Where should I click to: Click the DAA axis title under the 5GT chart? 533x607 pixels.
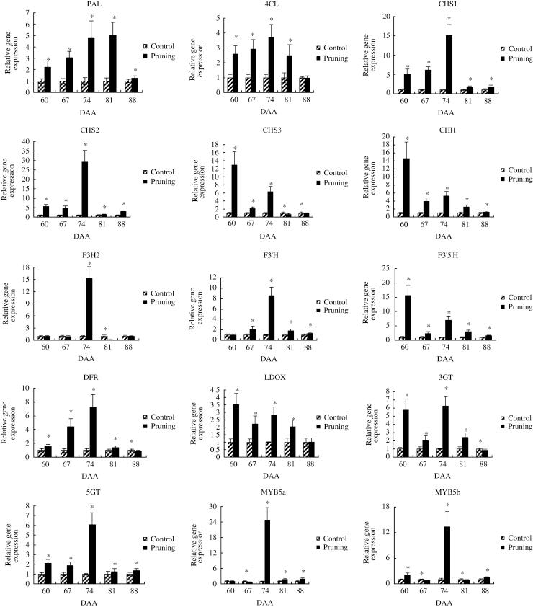tap(86, 602)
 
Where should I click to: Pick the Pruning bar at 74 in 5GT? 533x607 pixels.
tap(91, 554)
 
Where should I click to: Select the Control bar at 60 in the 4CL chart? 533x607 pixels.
tap(230, 84)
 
